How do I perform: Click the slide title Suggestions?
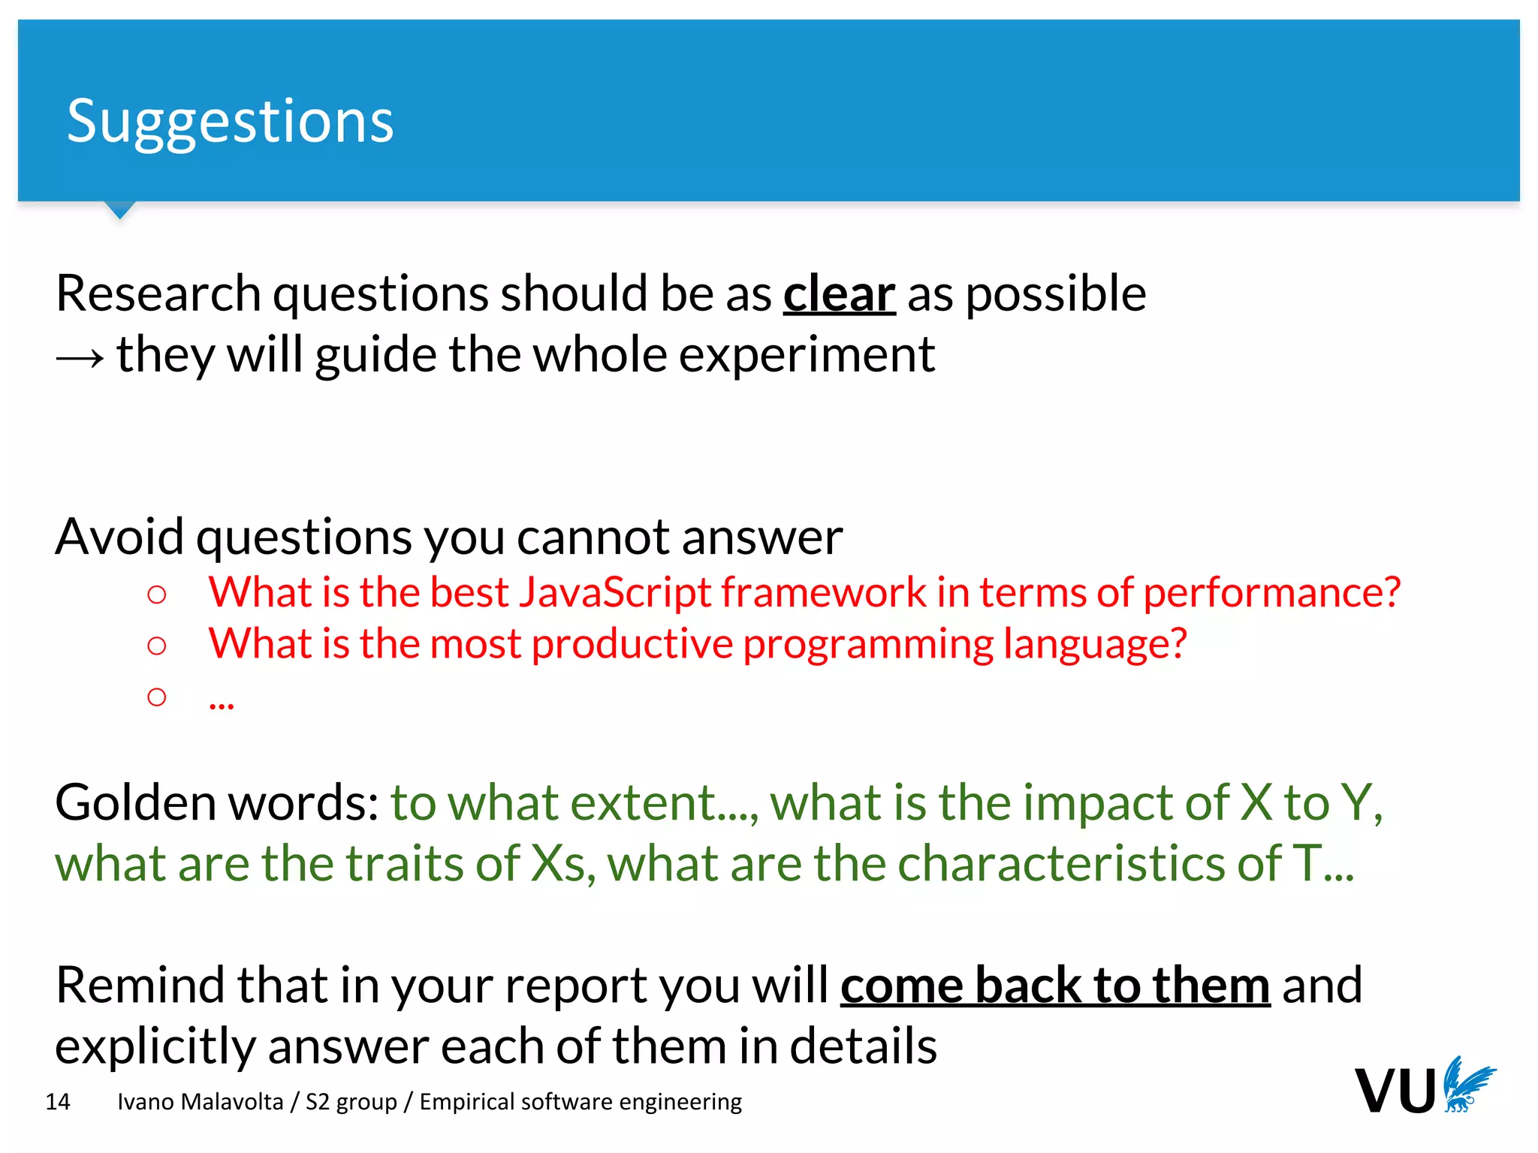click(x=230, y=122)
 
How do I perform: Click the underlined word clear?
click(x=839, y=294)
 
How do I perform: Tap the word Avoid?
click(x=119, y=537)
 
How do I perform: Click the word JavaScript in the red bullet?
click(x=614, y=592)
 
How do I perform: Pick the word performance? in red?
click(x=1271, y=592)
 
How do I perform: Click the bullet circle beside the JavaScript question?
click(x=157, y=595)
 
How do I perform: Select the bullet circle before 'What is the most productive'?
click(x=157, y=646)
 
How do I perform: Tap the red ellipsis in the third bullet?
click(x=222, y=702)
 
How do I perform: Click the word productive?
click(x=632, y=644)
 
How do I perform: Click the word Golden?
click(x=136, y=802)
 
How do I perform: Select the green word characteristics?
click(x=1062, y=863)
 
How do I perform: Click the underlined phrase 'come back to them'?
click(x=1054, y=985)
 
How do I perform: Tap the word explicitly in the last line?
click(x=155, y=1046)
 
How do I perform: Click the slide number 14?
click(x=58, y=1102)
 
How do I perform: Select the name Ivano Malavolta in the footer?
click(x=201, y=1102)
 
